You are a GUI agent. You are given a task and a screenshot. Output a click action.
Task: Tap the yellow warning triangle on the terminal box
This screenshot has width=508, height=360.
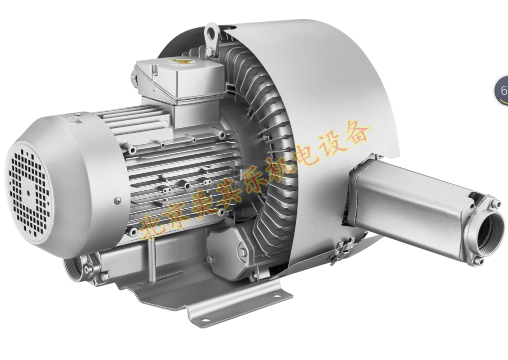pyautogui.click(x=176, y=61)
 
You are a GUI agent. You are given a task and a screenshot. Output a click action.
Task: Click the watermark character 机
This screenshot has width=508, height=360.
pyautogui.click(x=279, y=168)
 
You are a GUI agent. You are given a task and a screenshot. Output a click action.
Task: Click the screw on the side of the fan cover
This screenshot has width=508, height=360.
pyautogui.click(x=117, y=201)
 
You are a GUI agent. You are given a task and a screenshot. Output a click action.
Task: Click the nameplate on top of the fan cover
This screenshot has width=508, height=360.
pyautogui.click(x=72, y=119)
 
